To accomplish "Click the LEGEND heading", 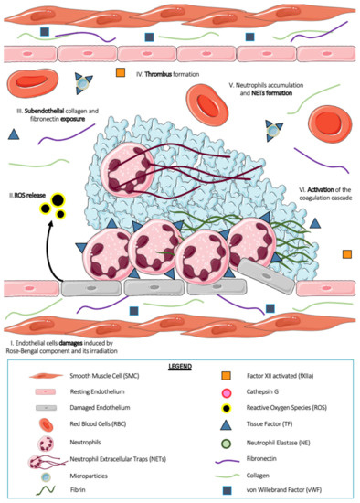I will [181, 364].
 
